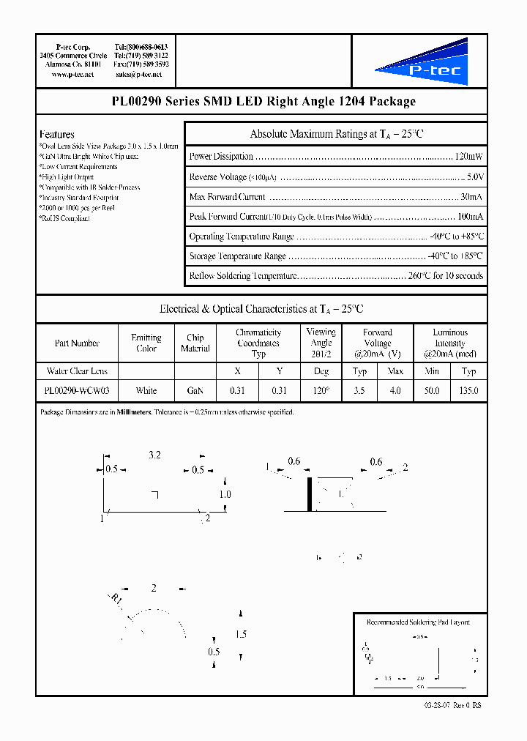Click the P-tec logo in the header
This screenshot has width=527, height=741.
click(429, 63)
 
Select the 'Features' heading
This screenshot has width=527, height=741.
click(57, 135)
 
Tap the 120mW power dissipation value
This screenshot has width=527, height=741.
click(468, 157)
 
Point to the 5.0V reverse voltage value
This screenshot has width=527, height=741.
click(474, 177)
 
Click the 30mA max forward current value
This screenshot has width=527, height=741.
click(471, 197)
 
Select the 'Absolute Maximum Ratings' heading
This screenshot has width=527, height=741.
click(336, 134)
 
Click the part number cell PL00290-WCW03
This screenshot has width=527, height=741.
click(76, 391)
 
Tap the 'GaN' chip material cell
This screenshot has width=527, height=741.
click(195, 391)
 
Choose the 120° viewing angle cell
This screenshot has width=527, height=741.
click(321, 391)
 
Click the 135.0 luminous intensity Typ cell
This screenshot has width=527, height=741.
click(468, 391)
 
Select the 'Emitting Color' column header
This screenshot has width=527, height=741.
click(146, 343)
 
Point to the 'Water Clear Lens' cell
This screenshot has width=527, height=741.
click(76, 371)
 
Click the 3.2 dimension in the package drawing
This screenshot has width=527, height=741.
click(154, 455)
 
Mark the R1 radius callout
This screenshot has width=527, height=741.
click(116, 601)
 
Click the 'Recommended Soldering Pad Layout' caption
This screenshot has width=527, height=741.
click(418, 622)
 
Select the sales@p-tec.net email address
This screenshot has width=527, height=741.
click(142, 75)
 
